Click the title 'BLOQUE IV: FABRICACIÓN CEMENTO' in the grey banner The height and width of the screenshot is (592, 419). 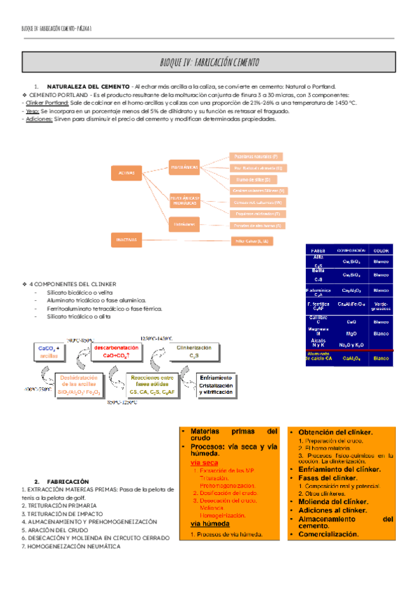coord(209,61)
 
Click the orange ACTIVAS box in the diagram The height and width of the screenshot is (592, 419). coord(126,172)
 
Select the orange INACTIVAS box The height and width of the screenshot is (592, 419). coord(126,239)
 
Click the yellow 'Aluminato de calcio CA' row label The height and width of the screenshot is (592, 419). coord(318,357)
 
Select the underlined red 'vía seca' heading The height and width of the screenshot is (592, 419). coord(205,462)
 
